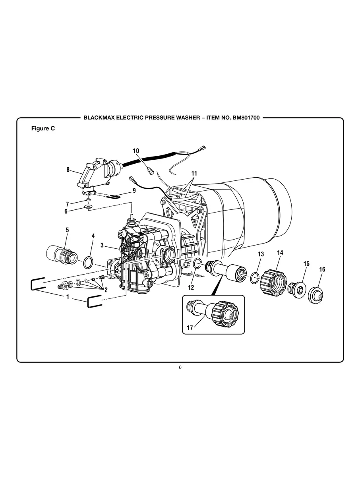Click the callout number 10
tap(136, 151)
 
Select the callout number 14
tap(280, 252)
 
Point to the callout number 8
tap(68, 170)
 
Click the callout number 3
tap(102, 246)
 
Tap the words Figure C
tap(43, 129)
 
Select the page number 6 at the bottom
tap(180, 367)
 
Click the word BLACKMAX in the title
tap(98, 118)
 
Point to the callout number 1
tap(67, 296)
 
